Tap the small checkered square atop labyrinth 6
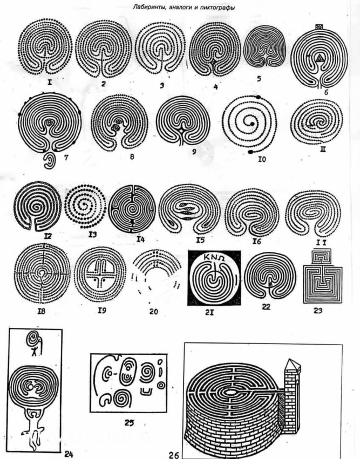point(319,26)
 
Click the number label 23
point(318,310)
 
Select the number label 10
point(262,160)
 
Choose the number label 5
point(259,78)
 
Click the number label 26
point(174,454)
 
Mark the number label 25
point(129,422)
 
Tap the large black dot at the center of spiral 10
point(252,125)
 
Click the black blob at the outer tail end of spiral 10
point(251,152)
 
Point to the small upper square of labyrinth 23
point(322,257)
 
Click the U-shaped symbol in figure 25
point(146,391)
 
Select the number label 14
point(141,239)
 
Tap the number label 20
point(153,311)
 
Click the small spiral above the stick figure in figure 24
point(33,338)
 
